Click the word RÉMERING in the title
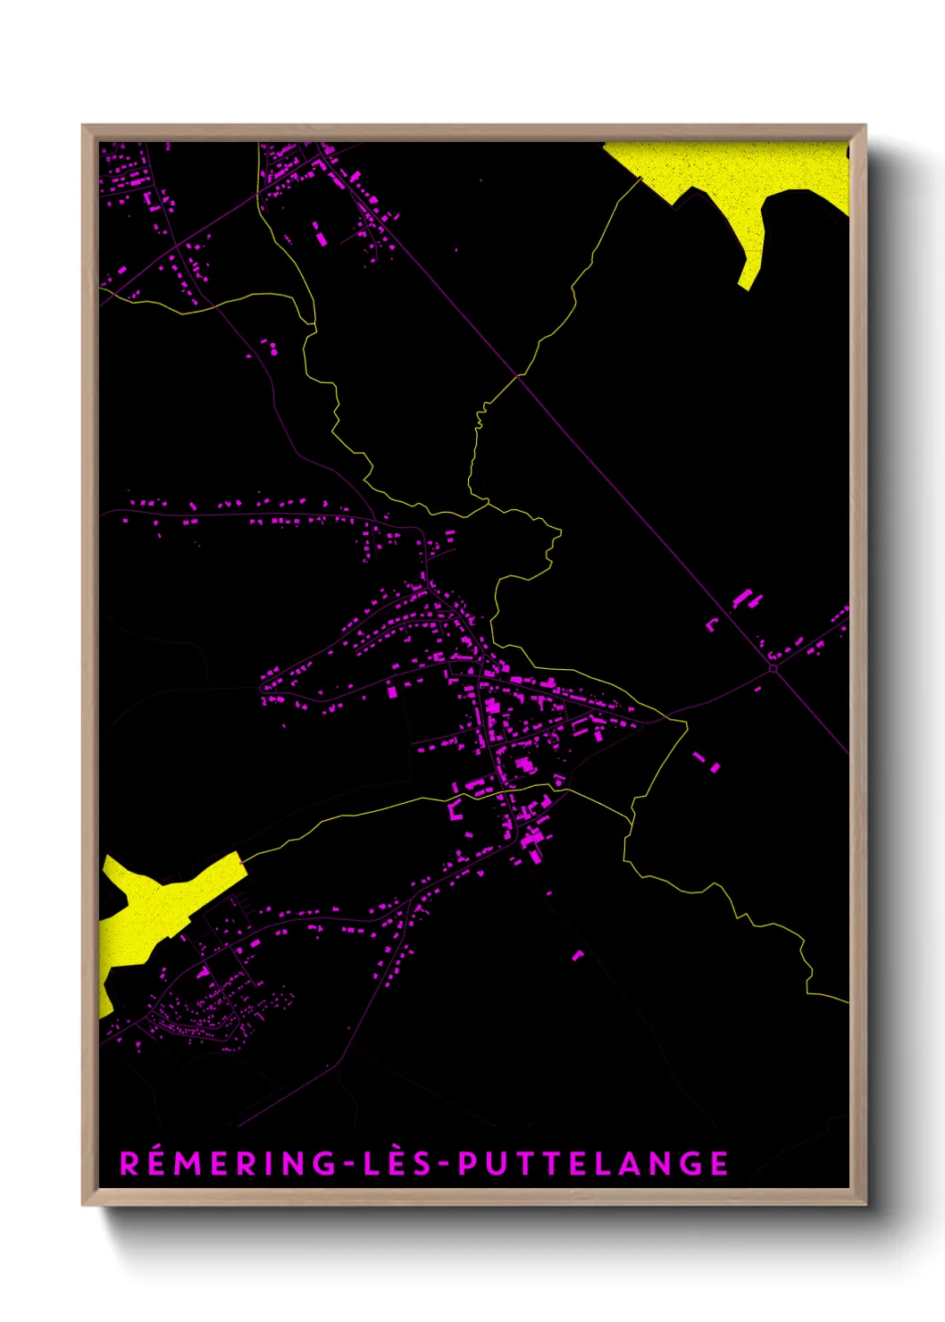227,1164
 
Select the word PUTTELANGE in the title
593,1164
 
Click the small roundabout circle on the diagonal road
773,667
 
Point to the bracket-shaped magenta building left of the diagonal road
712,624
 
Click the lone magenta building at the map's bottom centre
577,955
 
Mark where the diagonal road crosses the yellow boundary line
517,376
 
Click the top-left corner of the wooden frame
84,127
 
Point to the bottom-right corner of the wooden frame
864,1203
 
